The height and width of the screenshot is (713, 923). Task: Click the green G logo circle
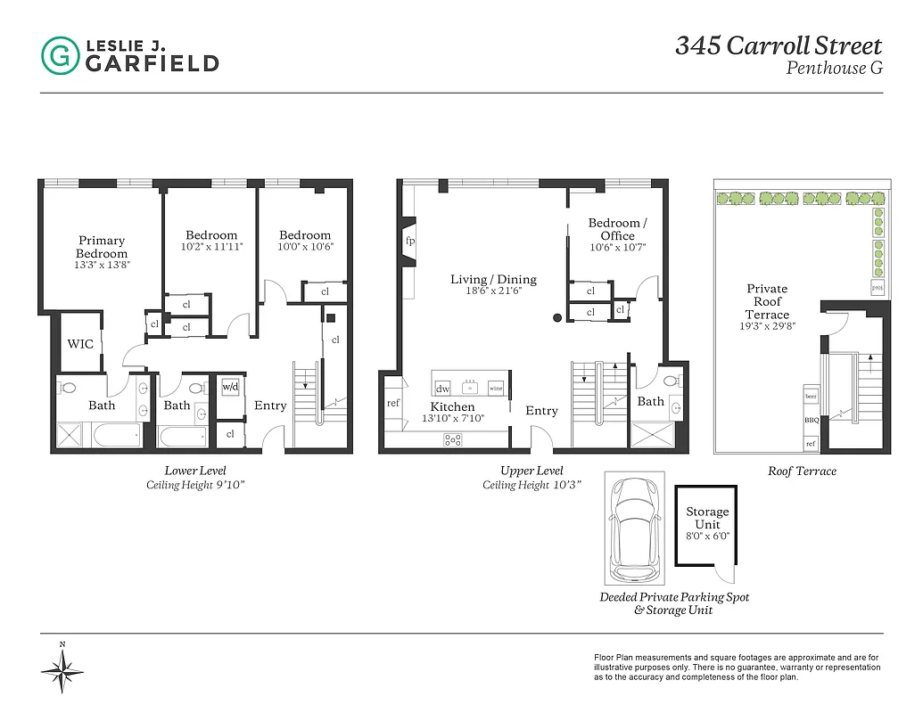pos(60,54)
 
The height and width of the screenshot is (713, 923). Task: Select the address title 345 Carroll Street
pos(778,45)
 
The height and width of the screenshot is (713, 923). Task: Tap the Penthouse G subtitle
pos(834,68)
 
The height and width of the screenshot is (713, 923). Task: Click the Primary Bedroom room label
pos(102,247)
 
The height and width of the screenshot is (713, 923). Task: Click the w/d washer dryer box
pos(230,387)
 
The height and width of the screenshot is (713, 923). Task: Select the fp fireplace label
pos(410,242)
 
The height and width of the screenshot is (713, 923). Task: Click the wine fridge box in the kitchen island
pos(496,388)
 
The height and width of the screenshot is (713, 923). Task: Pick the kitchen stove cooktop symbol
pos(453,438)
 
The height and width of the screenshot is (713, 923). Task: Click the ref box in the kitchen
pos(392,403)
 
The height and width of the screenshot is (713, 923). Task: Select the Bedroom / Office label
pos(617,229)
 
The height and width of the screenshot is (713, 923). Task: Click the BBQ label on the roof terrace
pos(811,420)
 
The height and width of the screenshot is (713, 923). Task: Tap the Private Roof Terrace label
pos(767,301)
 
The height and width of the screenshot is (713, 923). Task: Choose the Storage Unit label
pos(707,518)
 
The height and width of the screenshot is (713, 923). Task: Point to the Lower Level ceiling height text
pos(195,485)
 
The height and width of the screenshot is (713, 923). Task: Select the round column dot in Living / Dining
pos(558,316)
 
